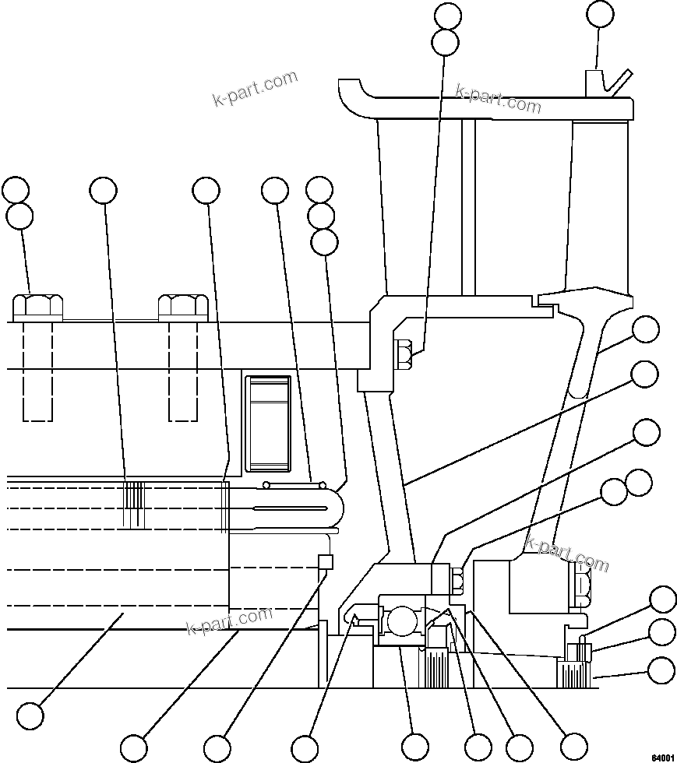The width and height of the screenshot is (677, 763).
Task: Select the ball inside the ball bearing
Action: (x=401, y=621)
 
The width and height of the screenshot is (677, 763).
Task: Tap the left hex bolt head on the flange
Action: (x=37, y=307)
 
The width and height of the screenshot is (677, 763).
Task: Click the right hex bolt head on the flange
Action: (x=182, y=307)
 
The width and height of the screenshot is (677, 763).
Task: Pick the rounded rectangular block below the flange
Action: (x=268, y=424)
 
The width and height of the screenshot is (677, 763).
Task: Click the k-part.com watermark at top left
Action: (x=255, y=89)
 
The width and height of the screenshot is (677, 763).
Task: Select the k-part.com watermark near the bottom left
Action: (x=230, y=621)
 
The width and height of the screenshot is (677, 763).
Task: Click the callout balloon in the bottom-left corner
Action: (x=30, y=716)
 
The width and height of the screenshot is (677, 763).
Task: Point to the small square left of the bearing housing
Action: (x=326, y=561)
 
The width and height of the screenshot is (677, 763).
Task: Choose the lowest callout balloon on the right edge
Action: (x=662, y=670)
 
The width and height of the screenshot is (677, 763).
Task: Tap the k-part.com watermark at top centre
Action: (x=498, y=98)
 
